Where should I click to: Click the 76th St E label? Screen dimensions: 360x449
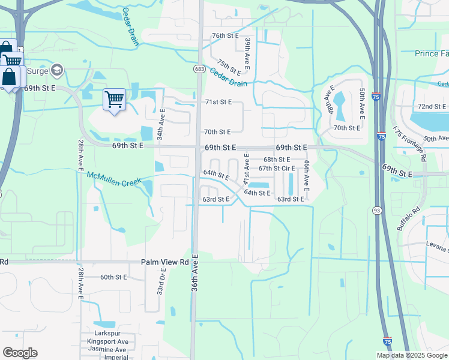click(x=226, y=36)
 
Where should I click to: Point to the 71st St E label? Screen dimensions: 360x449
click(x=218, y=103)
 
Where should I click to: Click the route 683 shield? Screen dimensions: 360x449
click(x=199, y=70)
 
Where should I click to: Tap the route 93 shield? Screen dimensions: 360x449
click(x=376, y=211)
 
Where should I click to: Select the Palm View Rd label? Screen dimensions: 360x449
click(x=165, y=262)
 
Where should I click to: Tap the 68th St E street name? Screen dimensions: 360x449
click(x=277, y=160)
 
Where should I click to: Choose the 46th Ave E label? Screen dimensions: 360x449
click(x=306, y=176)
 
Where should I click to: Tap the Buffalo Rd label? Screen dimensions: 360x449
click(x=406, y=218)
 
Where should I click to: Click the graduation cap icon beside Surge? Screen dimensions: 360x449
click(x=58, y=70)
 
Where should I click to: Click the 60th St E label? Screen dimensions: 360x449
click(x=114, y=277)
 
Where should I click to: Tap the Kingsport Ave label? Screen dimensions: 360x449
click(x=114, y=342)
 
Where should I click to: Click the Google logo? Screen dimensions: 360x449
click(x=20, y=352)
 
